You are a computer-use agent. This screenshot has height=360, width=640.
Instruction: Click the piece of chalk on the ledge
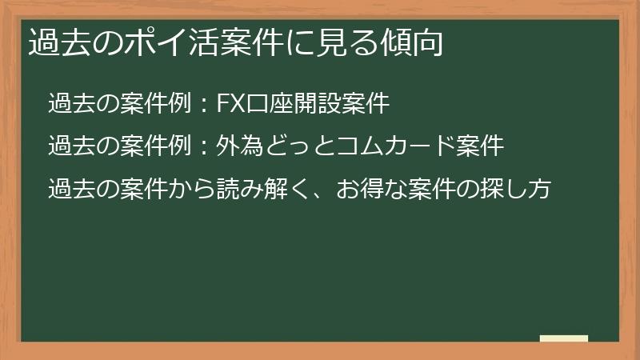(564, 338)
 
